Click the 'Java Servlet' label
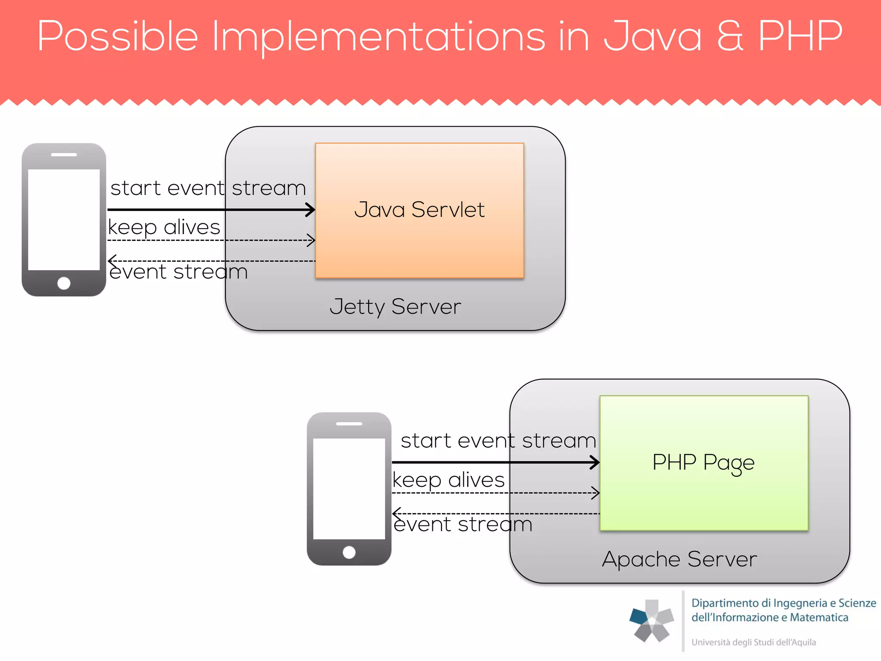point(419,210)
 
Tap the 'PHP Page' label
point(703,463)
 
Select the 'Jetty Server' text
point(395,307)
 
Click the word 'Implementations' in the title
point(379,37)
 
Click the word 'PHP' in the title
point(800,36)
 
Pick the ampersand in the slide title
point(730,36)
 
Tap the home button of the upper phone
point(64,283)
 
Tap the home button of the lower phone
point(349,552)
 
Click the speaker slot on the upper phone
point(64,154)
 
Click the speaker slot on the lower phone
point(349,424)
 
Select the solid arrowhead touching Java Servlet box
point(311,210)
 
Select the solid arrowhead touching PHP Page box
point(595,463)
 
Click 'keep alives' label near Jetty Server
point(164,227)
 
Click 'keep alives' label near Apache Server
point(448,480)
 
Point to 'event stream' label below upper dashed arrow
point(179,272)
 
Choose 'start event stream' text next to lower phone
point(498,441)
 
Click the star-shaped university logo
point(652,621)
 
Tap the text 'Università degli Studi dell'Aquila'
point(753,642)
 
